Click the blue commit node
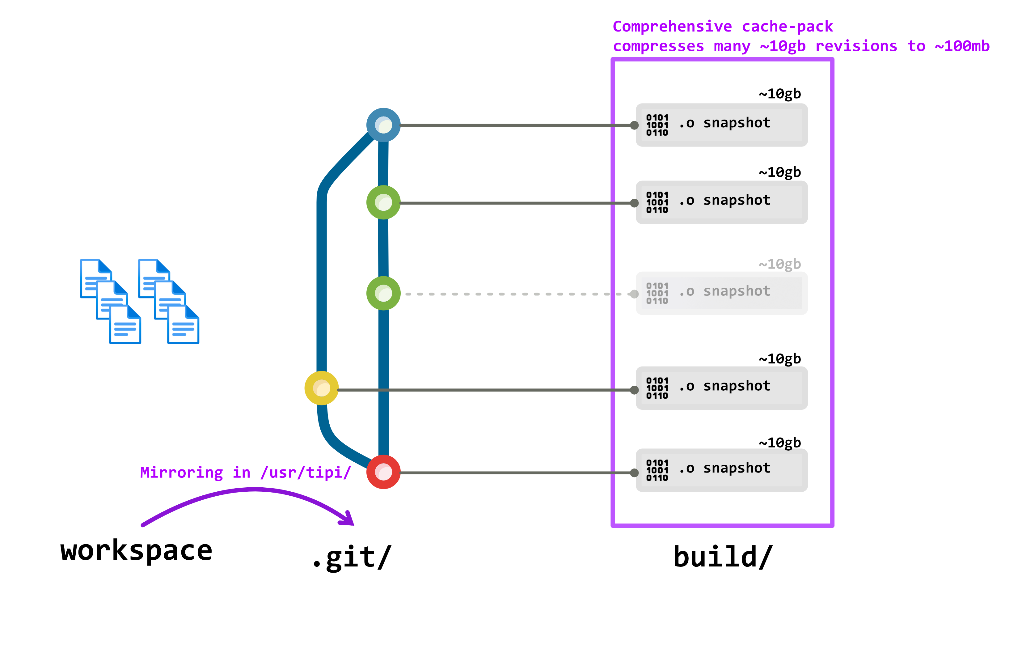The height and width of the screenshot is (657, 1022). (x=383, y=125)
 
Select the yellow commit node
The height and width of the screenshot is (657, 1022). (x=321, y=388)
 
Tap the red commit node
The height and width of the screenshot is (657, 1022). (x=383, y=472)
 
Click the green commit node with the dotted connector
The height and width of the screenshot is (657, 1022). (x=383, y=294)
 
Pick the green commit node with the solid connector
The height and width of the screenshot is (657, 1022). (x=383, y=202)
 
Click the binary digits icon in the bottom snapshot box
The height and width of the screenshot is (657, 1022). (x=657, y=470)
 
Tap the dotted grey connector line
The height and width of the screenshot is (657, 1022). (x=512, y=294)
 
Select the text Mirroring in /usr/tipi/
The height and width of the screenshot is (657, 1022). (x=245, y=472)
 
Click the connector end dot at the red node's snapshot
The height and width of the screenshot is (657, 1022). (x=634, y=473)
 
